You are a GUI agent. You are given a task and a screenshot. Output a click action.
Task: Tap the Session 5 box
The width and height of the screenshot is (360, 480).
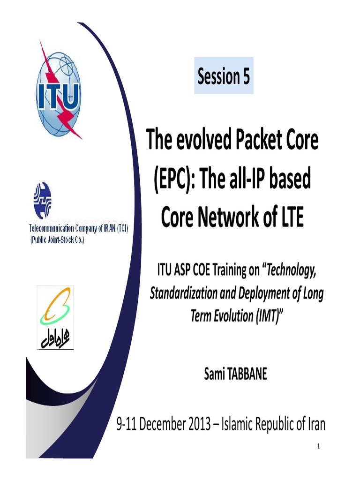click(224, 76)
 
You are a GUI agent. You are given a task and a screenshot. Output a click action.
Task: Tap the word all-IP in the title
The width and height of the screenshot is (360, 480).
click(251, 179)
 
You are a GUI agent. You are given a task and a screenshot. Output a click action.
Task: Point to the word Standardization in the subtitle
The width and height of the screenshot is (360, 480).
click(182, 293)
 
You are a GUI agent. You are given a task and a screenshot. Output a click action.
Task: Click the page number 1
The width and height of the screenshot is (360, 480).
click(318, 446)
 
